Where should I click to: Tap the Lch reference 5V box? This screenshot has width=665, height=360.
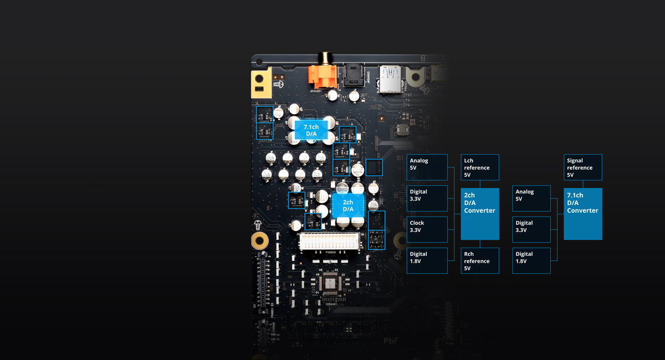pos(480,167)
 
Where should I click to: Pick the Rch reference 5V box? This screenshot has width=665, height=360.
pos(480,261)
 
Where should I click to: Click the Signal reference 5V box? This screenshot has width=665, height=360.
pos(582,167)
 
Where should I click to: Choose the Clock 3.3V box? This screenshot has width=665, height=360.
pos(427,229)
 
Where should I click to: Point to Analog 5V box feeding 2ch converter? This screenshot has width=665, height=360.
pos(427,167)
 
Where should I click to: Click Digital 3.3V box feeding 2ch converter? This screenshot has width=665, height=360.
pos(427,198)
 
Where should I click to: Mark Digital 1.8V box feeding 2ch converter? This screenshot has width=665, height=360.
pos(427,261)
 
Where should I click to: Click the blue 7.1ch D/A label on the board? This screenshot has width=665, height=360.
pos(311,131)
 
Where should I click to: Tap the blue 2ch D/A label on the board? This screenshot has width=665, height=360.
pos(348,205)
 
